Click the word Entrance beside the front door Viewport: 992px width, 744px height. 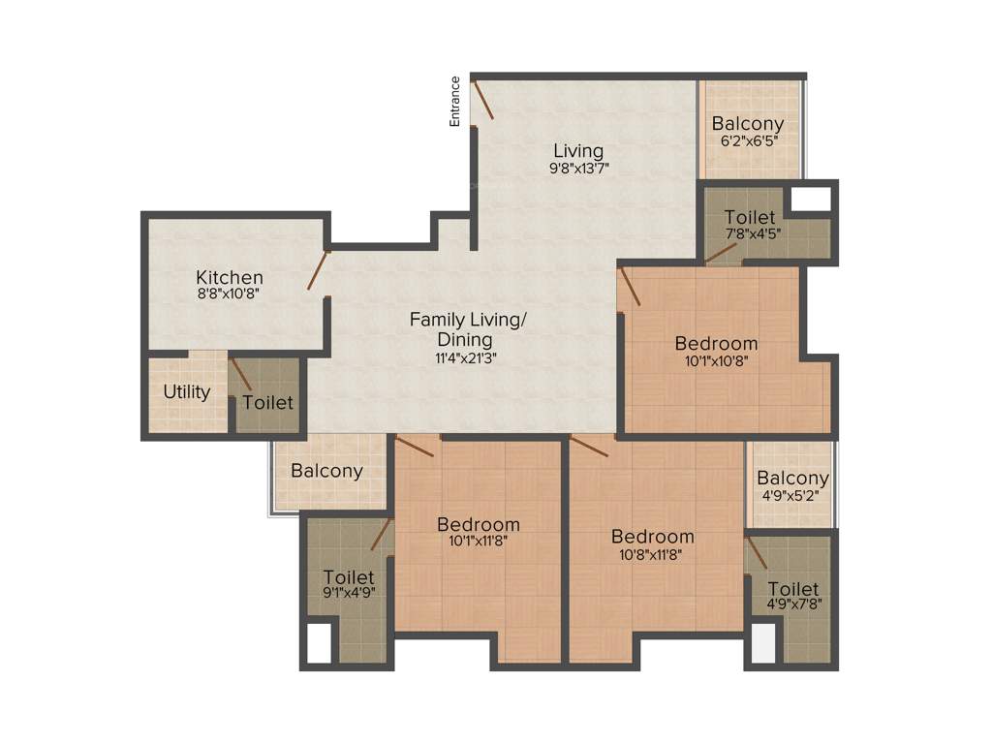pyautogui.click(x=454, y=101)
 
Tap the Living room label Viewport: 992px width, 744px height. pyautogui.click(x=578, y=151)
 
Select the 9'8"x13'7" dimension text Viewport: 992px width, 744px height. pyautogui.click(x=578, y=169)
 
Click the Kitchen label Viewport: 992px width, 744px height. pyautogui.click(x=230, y=278)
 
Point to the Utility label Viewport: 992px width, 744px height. pyautogui.click(x=187, y=392)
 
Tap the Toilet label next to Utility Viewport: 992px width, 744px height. pyautogui.click(x=267, y=402)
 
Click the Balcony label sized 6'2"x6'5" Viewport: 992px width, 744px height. pyautogui.click(x=748, y=124)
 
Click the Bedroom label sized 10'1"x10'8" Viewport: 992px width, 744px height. pyautogui.click(x=716, y=343)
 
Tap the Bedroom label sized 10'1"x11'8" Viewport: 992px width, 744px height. pyautogui.click(x=478, y=524)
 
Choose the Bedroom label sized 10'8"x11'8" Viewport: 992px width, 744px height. pyautogui.click(x=652, y=536)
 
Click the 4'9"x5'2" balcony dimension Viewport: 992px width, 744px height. pyautogui.click(x=792, y=495)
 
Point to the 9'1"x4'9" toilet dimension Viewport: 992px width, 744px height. pyautogui.click(x=349, y=593)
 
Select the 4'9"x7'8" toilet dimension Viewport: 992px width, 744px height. pyautogui.click(x=792, y=605)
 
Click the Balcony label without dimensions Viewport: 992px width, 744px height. pyautogui.click(x=326, y=471)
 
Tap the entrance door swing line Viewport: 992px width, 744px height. pyautogui.click(x=482, y=101)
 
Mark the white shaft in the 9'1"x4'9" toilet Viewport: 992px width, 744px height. pyautogui.click(x=319, y=642)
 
